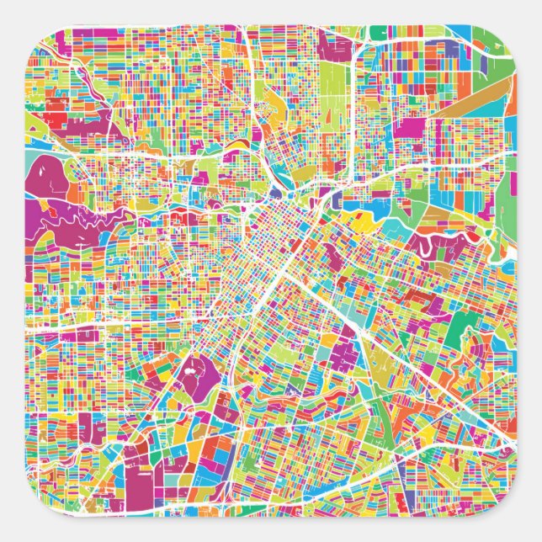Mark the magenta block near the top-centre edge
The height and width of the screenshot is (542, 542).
coord(278,38)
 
